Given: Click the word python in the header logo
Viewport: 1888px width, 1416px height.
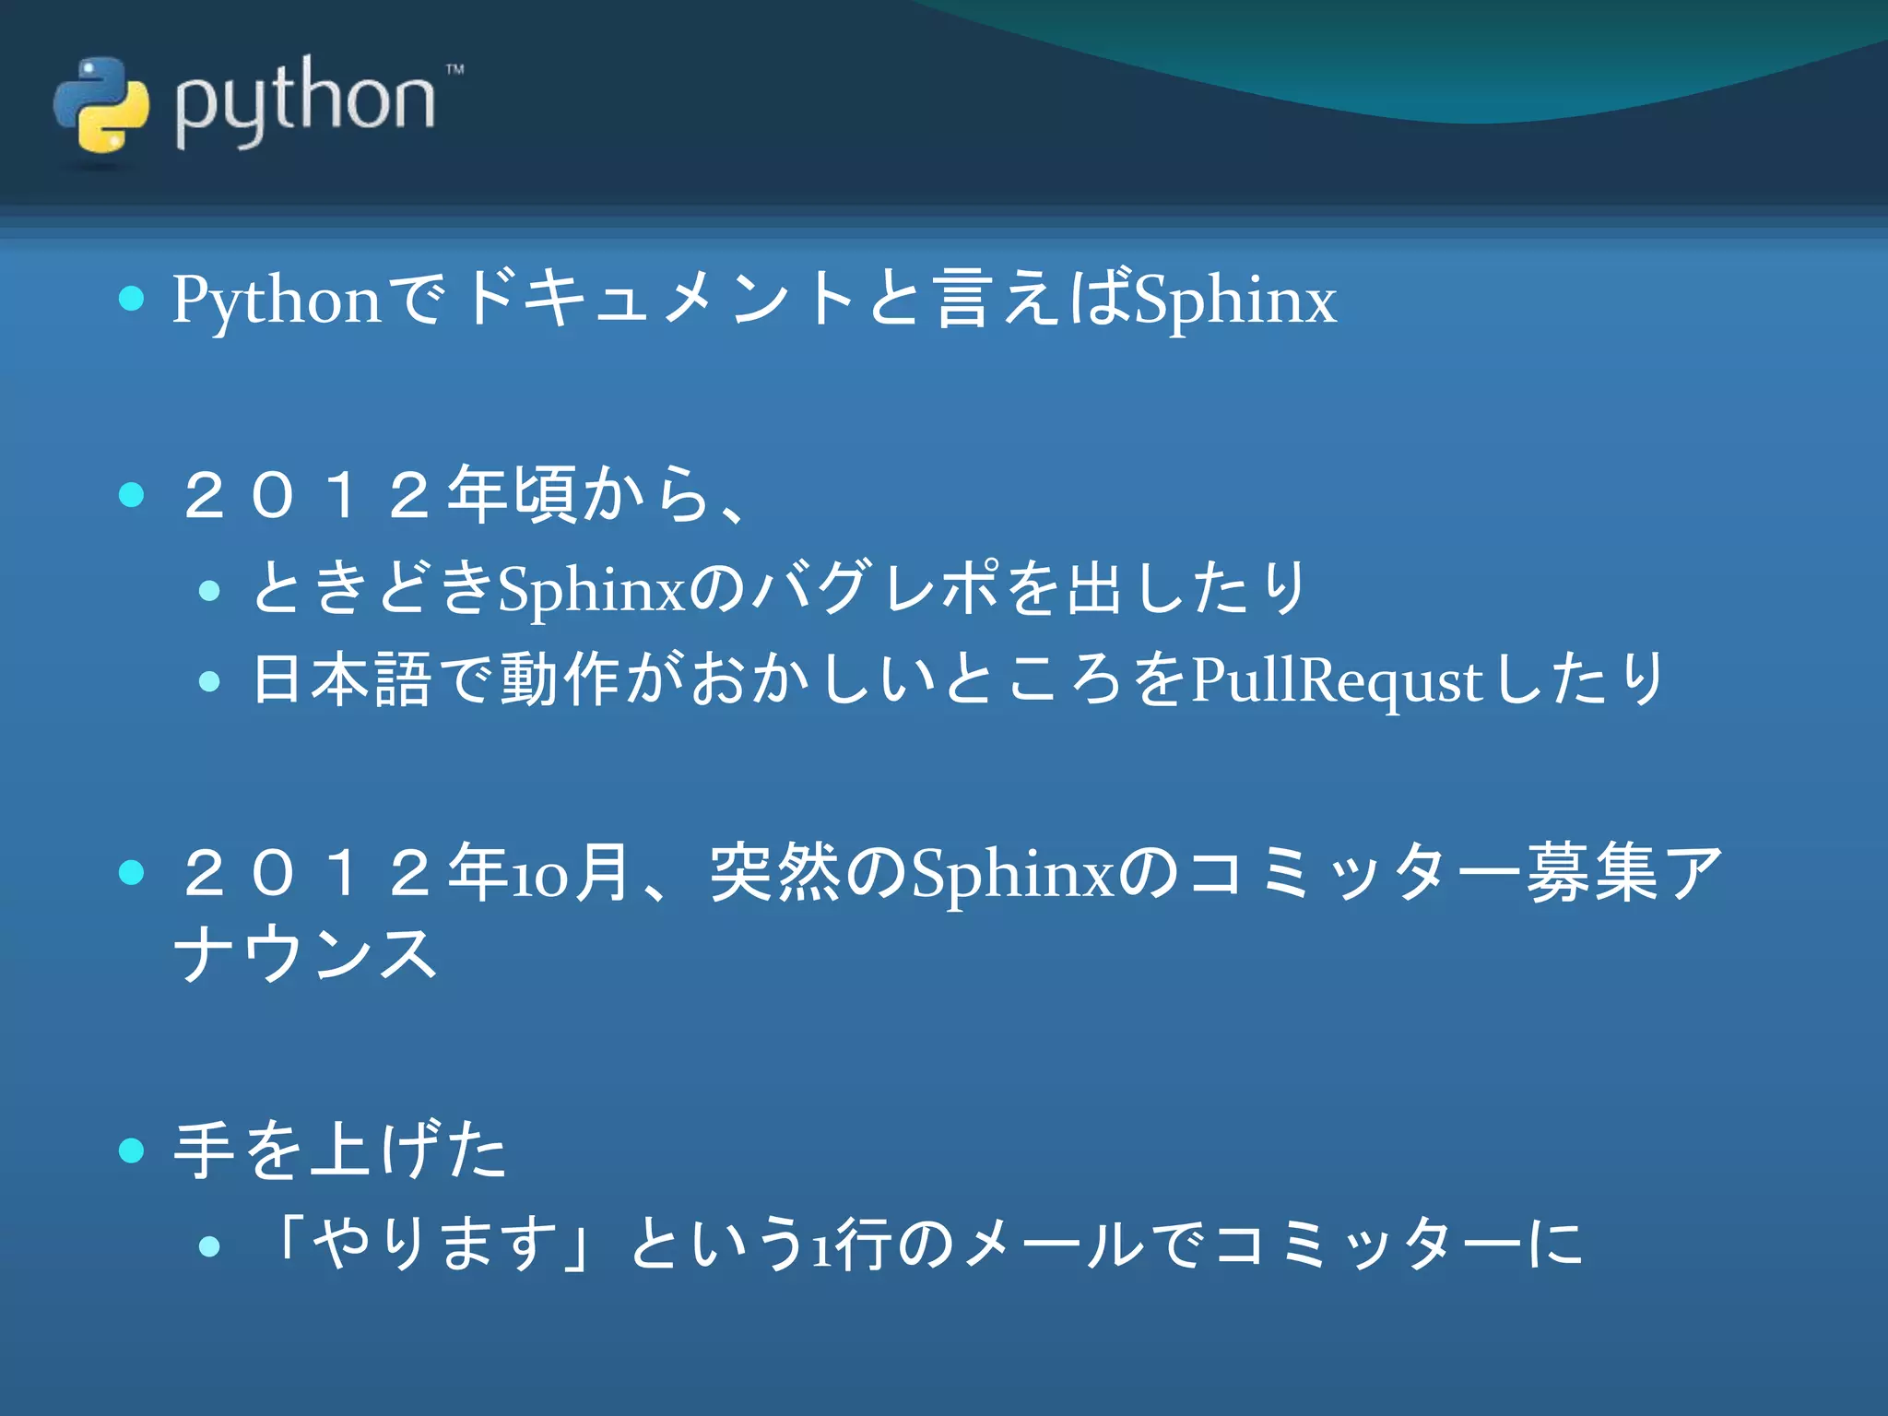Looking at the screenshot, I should pyautogui.click(x=304, y=101).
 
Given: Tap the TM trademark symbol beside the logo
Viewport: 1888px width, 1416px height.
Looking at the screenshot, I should pyautogui.click(x=454, y=69).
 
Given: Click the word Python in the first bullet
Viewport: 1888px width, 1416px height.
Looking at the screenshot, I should pyautogui.click(x=276, y=301).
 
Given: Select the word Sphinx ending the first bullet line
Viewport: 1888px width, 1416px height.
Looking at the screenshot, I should pyautogui.click(x=1235, y=301).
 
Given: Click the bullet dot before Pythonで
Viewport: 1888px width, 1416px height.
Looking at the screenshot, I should pyautogui.click(x=132, y=299).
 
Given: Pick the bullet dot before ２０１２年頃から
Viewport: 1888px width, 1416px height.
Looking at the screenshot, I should pyautogui.click(x=132, y=495).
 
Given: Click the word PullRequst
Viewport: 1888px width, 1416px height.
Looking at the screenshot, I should pyautogui.click(x=1337, y=682).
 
